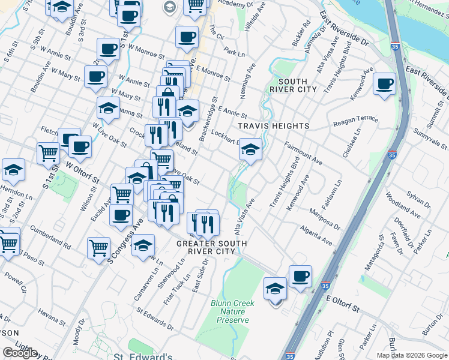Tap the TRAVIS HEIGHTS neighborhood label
[x=273, y=126]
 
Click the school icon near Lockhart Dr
[x=250, y=150]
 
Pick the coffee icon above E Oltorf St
[x=300, y=277]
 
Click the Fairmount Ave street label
[x=304, y=154]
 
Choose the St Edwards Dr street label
[x=155, y=320]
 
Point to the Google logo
[x=20, y=353]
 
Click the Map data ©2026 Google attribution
[x=411, y=355]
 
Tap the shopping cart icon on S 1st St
[x=49, y=152]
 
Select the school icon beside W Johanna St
[x=108, y=109]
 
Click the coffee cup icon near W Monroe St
[x=108, y=50]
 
